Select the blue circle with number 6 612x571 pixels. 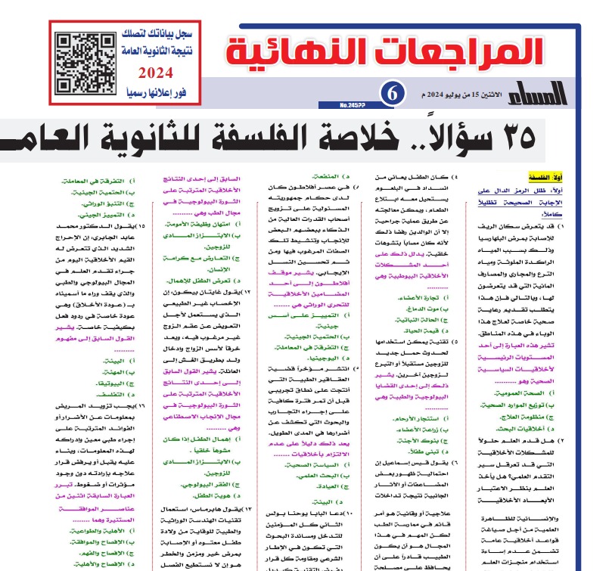point(393,93)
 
